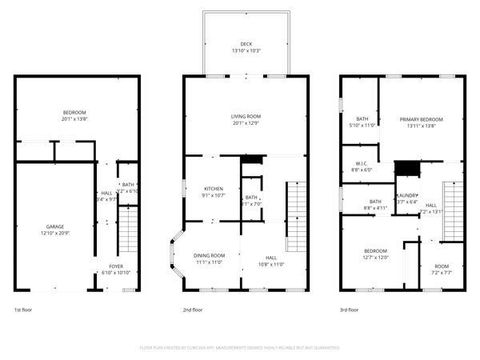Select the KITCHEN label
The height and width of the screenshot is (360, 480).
214,191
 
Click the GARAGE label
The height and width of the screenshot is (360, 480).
55,229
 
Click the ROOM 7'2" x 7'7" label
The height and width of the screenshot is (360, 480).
440,269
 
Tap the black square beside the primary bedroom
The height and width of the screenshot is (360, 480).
405,168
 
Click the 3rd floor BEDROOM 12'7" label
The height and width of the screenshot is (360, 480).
375,253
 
